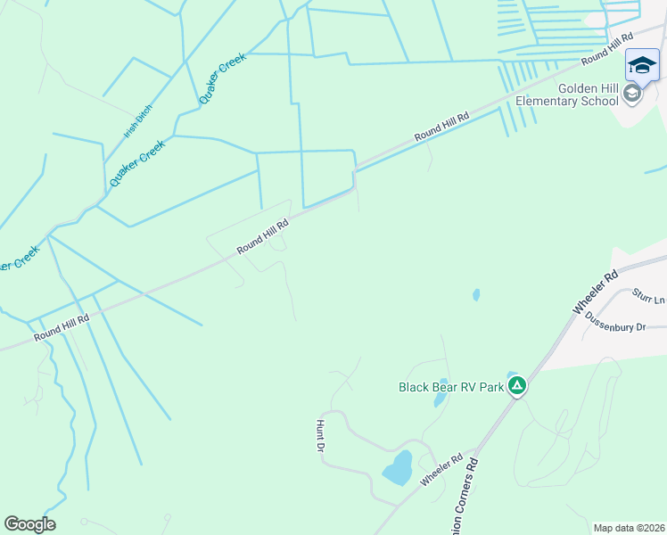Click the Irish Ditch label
coord(138,121)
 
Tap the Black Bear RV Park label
coord(451,387)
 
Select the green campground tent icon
coord(517,386)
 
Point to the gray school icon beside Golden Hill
coord(632,94)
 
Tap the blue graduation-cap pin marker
coord(642,65)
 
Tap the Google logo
coord(29,524)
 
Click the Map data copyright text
coord(629,528)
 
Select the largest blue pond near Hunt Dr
coord(398,467)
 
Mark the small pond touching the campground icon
coord(511,376)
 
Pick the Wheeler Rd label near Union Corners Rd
coord(442,470)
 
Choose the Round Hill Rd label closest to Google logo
coord(62,328)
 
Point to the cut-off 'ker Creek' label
coord(18,259)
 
